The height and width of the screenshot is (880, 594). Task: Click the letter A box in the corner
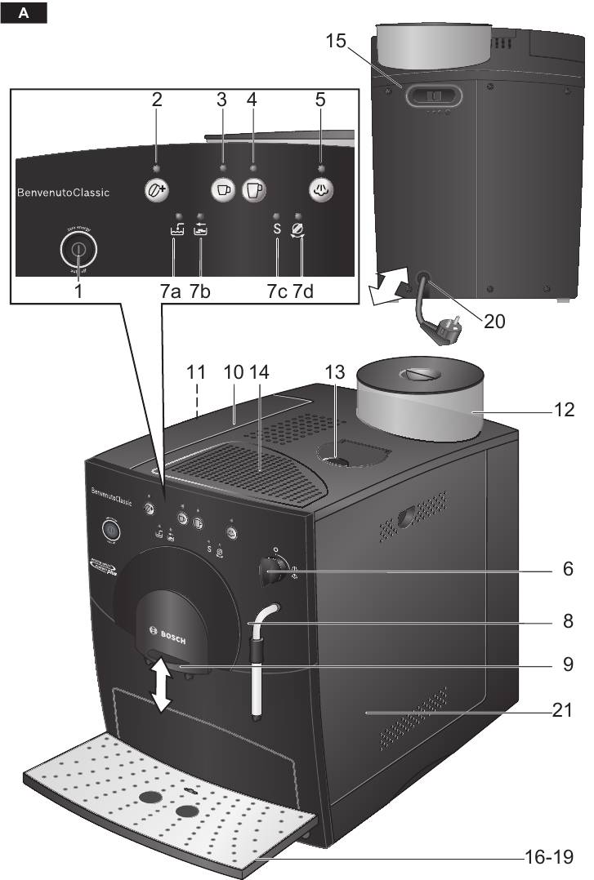[23, 13]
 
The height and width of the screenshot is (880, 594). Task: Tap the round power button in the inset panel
[78, 249]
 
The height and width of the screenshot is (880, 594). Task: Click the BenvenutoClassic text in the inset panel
[64, 193]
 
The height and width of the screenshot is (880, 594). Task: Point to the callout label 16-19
[548, 858]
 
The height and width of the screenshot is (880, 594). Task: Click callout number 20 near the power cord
[494, 322]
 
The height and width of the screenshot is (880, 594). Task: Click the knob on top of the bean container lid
[417, 373]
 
